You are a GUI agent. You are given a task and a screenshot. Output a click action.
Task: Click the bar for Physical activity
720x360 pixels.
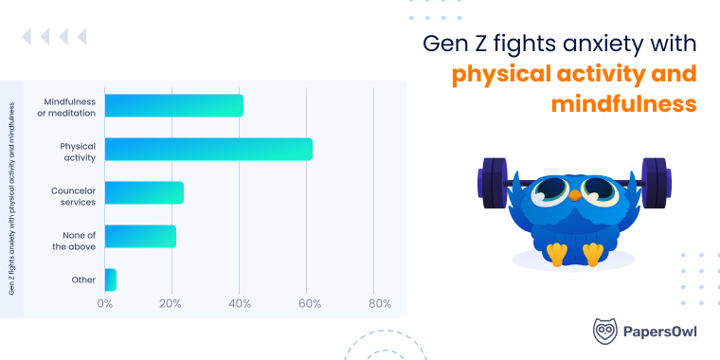coord(208,149)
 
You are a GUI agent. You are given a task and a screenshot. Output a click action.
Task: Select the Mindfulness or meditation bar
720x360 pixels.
coord(174,105)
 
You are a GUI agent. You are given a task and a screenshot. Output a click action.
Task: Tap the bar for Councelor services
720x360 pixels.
coord(144,192)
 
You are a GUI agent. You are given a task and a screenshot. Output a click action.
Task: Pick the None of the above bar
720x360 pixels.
coord(140,236)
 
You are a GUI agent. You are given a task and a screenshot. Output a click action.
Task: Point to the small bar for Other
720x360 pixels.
coord(111,279)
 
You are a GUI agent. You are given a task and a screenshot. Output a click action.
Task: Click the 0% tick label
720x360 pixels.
coord(105,304)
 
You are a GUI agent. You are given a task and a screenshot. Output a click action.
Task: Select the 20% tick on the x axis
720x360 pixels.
coord(172,304)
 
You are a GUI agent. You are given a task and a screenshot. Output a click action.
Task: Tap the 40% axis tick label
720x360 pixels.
coord(241,304)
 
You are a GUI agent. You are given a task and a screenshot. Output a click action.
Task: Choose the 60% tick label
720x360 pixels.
coord(308,304)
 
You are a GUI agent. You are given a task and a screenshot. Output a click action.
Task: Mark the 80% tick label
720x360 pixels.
coord(379,304)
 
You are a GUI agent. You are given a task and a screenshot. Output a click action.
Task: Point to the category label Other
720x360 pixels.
coord(83,279)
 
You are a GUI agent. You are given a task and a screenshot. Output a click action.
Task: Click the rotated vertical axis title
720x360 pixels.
coord(12,189)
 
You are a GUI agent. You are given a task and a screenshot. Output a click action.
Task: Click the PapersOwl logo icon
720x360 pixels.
coord(605,331)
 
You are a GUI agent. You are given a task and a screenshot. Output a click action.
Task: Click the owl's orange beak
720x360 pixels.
coord(574,193)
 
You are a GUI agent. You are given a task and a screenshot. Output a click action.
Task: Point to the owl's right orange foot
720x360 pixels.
coord(594,254)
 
